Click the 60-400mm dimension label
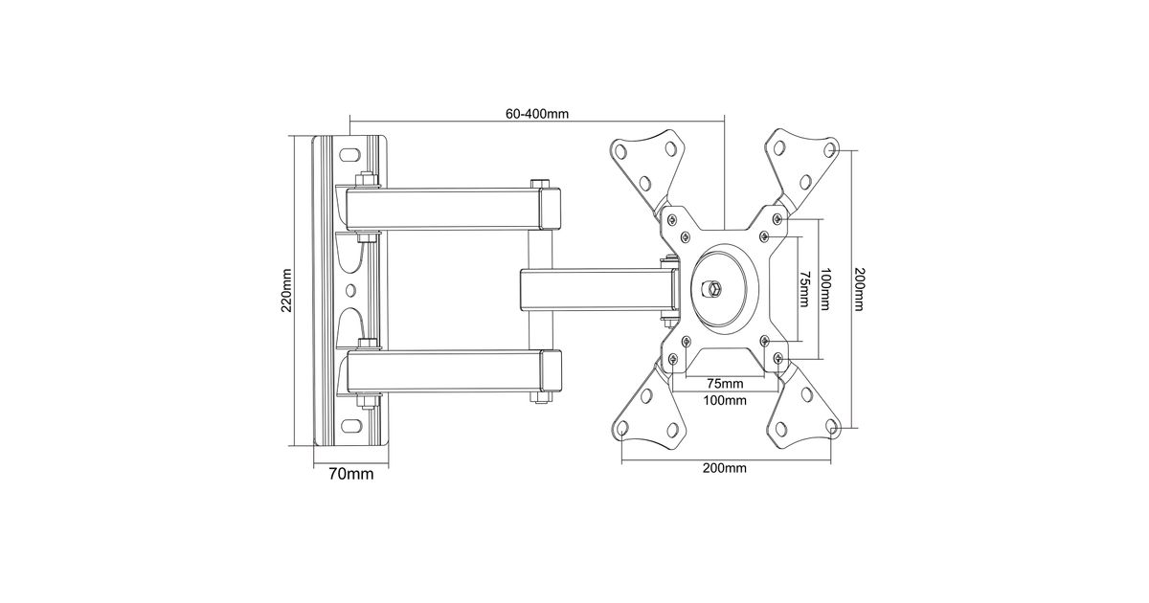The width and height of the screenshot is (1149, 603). click(x=537, y=113)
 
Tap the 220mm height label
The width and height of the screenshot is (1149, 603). click(x=286, y=290)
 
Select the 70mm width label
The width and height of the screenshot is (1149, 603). click(x=351, y=475)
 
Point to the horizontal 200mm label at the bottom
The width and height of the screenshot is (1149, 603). click(x=724, y=468)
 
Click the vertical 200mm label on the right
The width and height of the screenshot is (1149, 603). click(x=859, y=289)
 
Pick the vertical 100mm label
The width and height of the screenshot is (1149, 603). click(x=824, y=289)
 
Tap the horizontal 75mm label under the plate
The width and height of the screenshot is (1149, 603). click(x=725, y=384)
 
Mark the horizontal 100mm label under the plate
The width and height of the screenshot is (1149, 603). click(x=724, y=400)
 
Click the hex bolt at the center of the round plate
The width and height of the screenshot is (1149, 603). click(x=713, y=289)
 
